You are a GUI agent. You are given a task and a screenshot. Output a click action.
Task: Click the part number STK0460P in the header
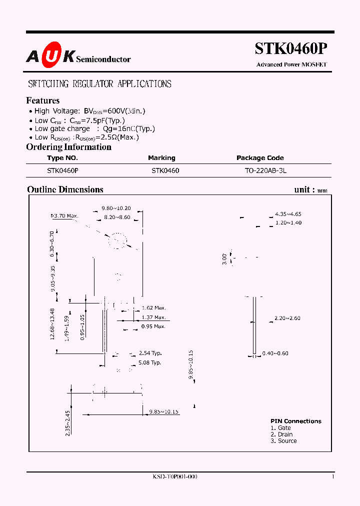[291, 48]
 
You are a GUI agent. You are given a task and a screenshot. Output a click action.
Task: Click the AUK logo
[50, 57]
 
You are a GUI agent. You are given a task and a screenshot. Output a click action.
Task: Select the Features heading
[43, 100]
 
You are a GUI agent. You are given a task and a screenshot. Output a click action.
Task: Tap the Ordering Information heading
[68, 147]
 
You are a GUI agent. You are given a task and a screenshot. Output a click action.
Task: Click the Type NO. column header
[62, 158]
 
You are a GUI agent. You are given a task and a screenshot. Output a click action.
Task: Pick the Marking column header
[161, 158]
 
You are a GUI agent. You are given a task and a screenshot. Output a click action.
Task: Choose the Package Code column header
[260, 158]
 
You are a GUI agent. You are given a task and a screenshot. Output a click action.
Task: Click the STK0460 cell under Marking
[165, 170]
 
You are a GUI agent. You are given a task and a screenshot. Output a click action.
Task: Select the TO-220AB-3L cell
[265, 170]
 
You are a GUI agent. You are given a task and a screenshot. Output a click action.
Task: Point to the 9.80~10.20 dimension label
[116, 208]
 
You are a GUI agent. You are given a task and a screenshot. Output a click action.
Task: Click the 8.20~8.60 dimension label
[117, 217]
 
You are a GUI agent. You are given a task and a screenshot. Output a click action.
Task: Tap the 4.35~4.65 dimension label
[288, 214]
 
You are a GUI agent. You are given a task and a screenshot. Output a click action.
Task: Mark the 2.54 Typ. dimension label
[150, 353]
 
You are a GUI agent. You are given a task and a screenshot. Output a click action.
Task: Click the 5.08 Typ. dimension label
[150, 362]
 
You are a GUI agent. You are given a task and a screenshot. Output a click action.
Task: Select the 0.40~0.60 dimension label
[288, 353]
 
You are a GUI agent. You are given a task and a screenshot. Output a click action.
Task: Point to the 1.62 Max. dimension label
[153, 308]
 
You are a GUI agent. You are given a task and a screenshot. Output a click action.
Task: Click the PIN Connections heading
[296, 421]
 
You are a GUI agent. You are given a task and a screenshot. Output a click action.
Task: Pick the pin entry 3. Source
[283, 441]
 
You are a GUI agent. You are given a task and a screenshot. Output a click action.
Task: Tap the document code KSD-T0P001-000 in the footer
[175, 477]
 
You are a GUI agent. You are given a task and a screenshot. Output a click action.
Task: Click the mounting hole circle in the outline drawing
[118, 240]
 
